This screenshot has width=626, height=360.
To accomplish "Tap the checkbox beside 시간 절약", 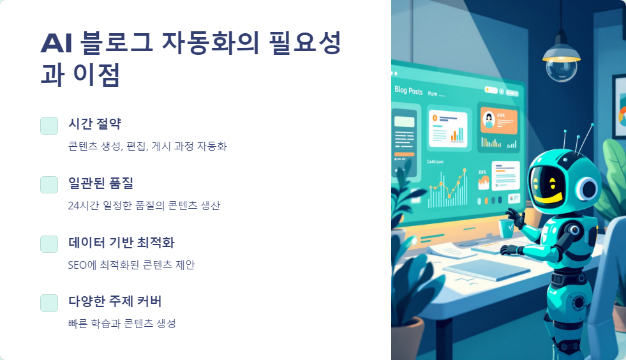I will pos(49,126).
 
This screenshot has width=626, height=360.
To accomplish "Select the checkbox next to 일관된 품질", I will pos(49,184).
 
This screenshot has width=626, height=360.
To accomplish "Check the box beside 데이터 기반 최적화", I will pos(49,244).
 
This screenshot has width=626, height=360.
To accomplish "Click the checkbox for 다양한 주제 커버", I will pos(49,303).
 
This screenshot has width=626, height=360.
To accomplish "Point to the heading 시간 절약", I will pos(94,124).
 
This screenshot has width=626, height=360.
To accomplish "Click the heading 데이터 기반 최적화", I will pos(121,243).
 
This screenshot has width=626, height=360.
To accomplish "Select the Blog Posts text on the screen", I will pos(408,91).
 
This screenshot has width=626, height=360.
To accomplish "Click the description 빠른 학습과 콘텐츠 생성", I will pos(122,324).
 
